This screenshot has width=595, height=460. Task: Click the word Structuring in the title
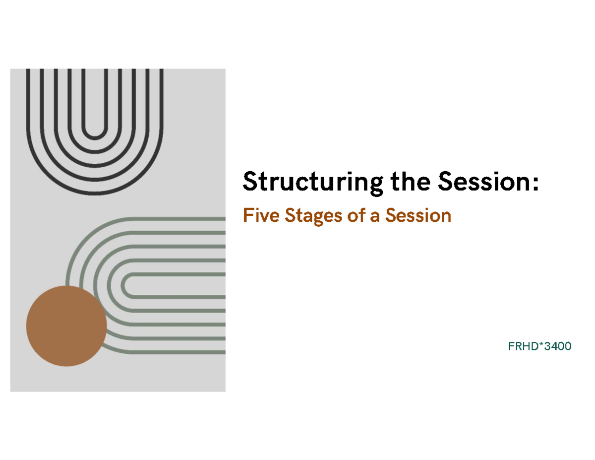point(312,183)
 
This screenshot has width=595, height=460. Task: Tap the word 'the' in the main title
point(410,181)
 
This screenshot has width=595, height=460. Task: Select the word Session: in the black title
point(488,181)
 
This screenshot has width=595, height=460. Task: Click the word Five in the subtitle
point(261,215)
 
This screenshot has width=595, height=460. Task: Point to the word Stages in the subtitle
point(313,216)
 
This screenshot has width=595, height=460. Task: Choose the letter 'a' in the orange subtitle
point(374,217)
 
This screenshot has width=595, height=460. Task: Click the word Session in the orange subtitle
point(418,215)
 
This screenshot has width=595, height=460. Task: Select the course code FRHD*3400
point(539,346)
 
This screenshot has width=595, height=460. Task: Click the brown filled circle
point(66,326)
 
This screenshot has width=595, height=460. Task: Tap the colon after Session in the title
point(535,184)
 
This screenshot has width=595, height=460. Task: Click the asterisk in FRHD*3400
point(541,344)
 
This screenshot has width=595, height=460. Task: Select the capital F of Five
point(248,215)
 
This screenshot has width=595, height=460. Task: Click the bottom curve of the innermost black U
point(95,137)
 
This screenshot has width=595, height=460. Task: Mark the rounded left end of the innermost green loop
point(122,285)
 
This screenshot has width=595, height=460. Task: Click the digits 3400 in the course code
point(558,346)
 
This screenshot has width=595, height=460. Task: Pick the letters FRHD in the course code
point(523,346)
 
